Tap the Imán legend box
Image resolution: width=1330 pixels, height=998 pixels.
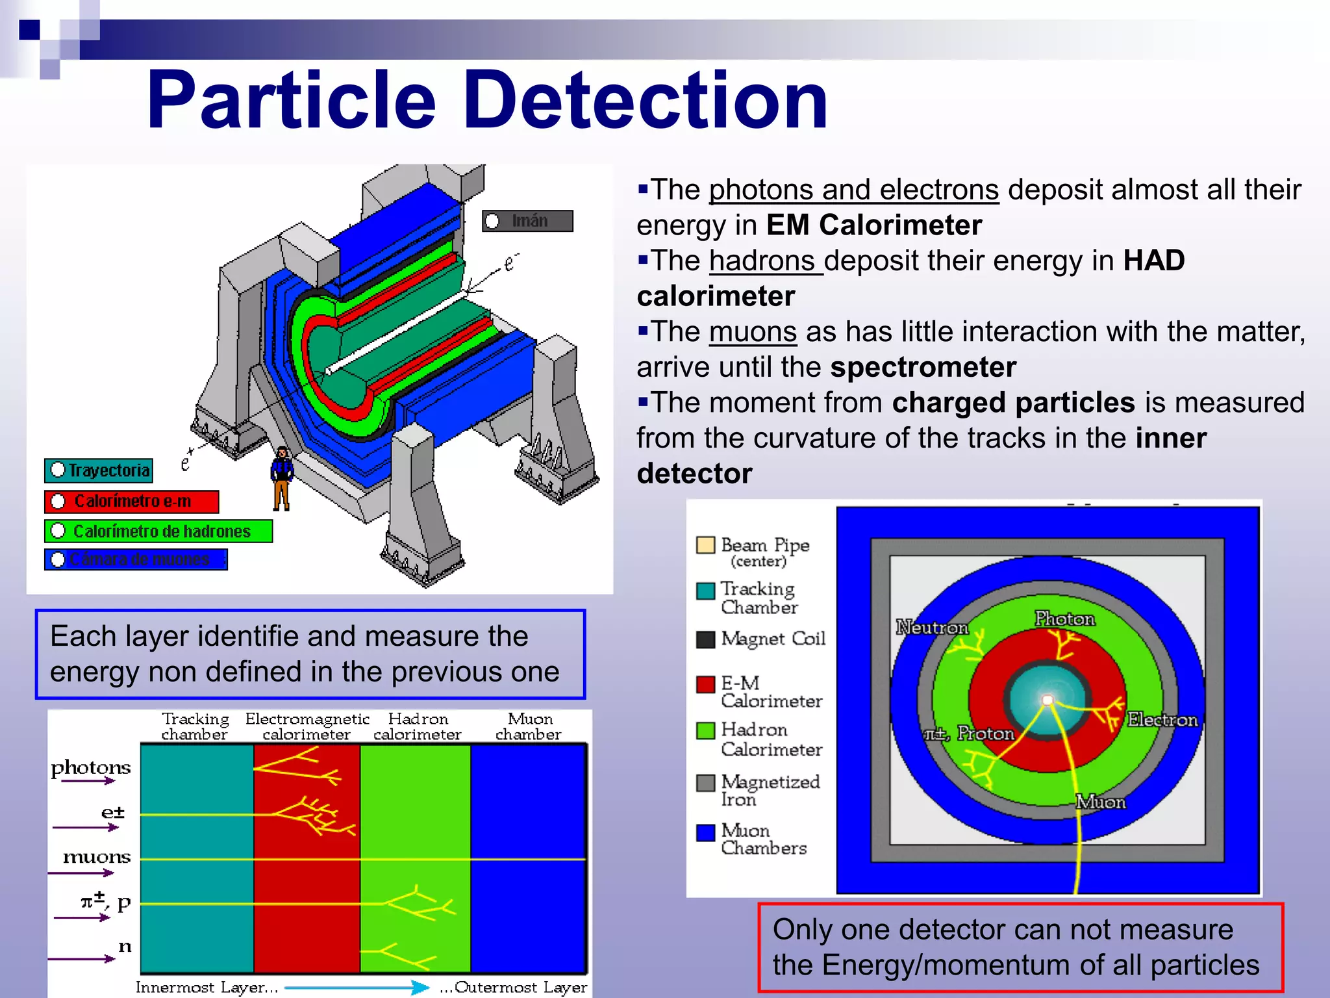527,221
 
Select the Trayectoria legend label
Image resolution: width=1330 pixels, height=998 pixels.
99,470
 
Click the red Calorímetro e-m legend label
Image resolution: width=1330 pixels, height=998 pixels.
131,502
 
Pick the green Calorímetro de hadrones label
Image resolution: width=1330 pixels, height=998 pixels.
158,531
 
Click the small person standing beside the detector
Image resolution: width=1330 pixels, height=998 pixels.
282,478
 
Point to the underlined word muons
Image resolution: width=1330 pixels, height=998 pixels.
752,332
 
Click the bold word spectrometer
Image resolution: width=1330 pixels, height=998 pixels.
923,368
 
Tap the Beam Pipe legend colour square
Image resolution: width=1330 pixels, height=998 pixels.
705,544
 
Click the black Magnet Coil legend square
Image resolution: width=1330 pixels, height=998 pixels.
705,639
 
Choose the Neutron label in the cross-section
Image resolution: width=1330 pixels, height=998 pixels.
931,628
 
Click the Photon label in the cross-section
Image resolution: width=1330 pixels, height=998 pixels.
1064,619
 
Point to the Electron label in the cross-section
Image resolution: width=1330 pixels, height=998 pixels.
1162,720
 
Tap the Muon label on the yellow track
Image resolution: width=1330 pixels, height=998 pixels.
1100,802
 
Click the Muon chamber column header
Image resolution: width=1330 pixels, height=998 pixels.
529,726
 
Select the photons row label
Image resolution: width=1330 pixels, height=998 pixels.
91,767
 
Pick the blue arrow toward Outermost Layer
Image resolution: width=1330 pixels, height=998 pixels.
357,987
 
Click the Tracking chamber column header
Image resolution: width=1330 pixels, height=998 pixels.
195,726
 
